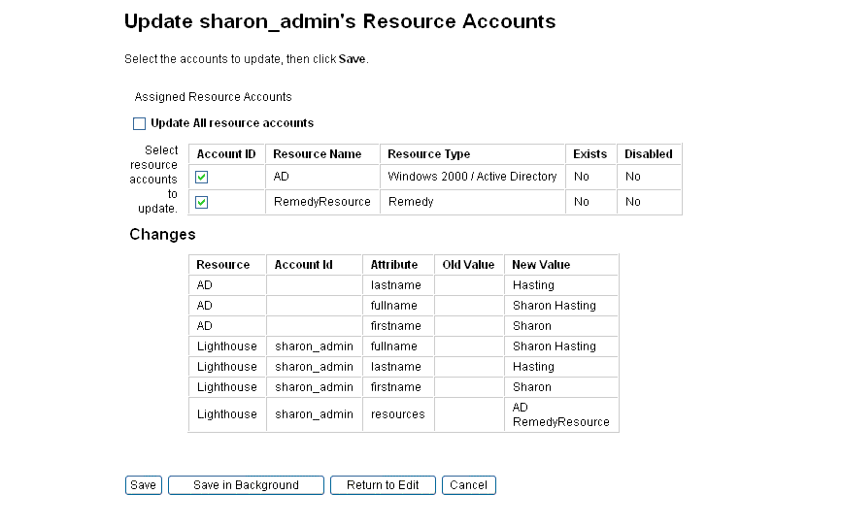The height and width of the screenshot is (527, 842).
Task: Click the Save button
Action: tap(143, 485)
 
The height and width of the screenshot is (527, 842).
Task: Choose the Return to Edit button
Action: tap(383, 485)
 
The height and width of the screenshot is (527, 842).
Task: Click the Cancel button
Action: tap(468, 485)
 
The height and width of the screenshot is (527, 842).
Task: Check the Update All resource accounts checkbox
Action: tap(139, 124)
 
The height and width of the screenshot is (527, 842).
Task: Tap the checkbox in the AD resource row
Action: tap(202, 178)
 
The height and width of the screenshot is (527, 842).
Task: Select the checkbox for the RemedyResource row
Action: tap(202, 203)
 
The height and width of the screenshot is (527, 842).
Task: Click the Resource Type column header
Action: tap(428, 154)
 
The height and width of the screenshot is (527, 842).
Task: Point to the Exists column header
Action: tap(589, 154)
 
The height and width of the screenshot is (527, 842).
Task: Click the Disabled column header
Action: tap(648, 154)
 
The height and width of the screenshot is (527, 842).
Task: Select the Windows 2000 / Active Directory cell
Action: tap(472, 177)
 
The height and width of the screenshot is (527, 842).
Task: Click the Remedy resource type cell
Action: tap(411, 202)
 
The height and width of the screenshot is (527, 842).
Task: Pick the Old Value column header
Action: tap(468, 265)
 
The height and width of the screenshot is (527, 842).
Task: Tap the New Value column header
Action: tap(541, 265)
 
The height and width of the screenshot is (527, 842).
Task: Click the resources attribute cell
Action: tap(398, 414)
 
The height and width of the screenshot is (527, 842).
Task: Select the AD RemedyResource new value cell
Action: tap(560, 415)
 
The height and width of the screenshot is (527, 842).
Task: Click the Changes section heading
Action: tap(162, 235)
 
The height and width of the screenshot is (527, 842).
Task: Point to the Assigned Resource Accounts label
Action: tap(213, 97)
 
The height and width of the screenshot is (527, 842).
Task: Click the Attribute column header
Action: tap(394, 265)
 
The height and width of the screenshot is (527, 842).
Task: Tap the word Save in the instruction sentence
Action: tap(352, 59)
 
